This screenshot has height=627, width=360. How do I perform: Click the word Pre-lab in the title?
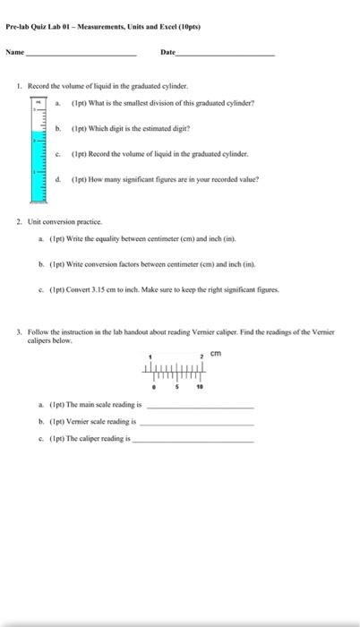click(x=17, y=28)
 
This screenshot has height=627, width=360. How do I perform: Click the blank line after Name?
click(x=81, y=56)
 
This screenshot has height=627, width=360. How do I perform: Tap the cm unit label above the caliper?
click(x=215, y=354)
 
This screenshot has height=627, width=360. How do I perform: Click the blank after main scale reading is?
click(x=199, y=407)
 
